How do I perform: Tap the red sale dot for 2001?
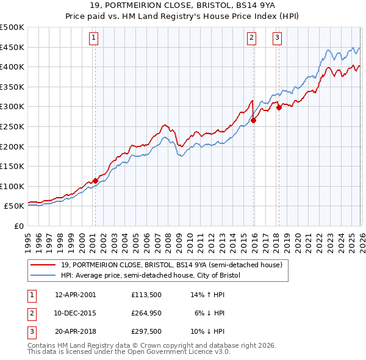click(x=95, y=181)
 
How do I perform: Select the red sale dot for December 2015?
click(x=253, y=121)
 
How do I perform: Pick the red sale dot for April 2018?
click(x=279, y=108)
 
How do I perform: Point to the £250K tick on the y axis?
click(x=12, y=126)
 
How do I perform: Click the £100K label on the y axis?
click(x=12, y=186)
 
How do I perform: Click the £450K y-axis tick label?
click(x=12, y=47)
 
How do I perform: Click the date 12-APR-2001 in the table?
click(x=76, y=295)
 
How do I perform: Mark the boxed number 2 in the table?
click(x=31, y=313)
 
